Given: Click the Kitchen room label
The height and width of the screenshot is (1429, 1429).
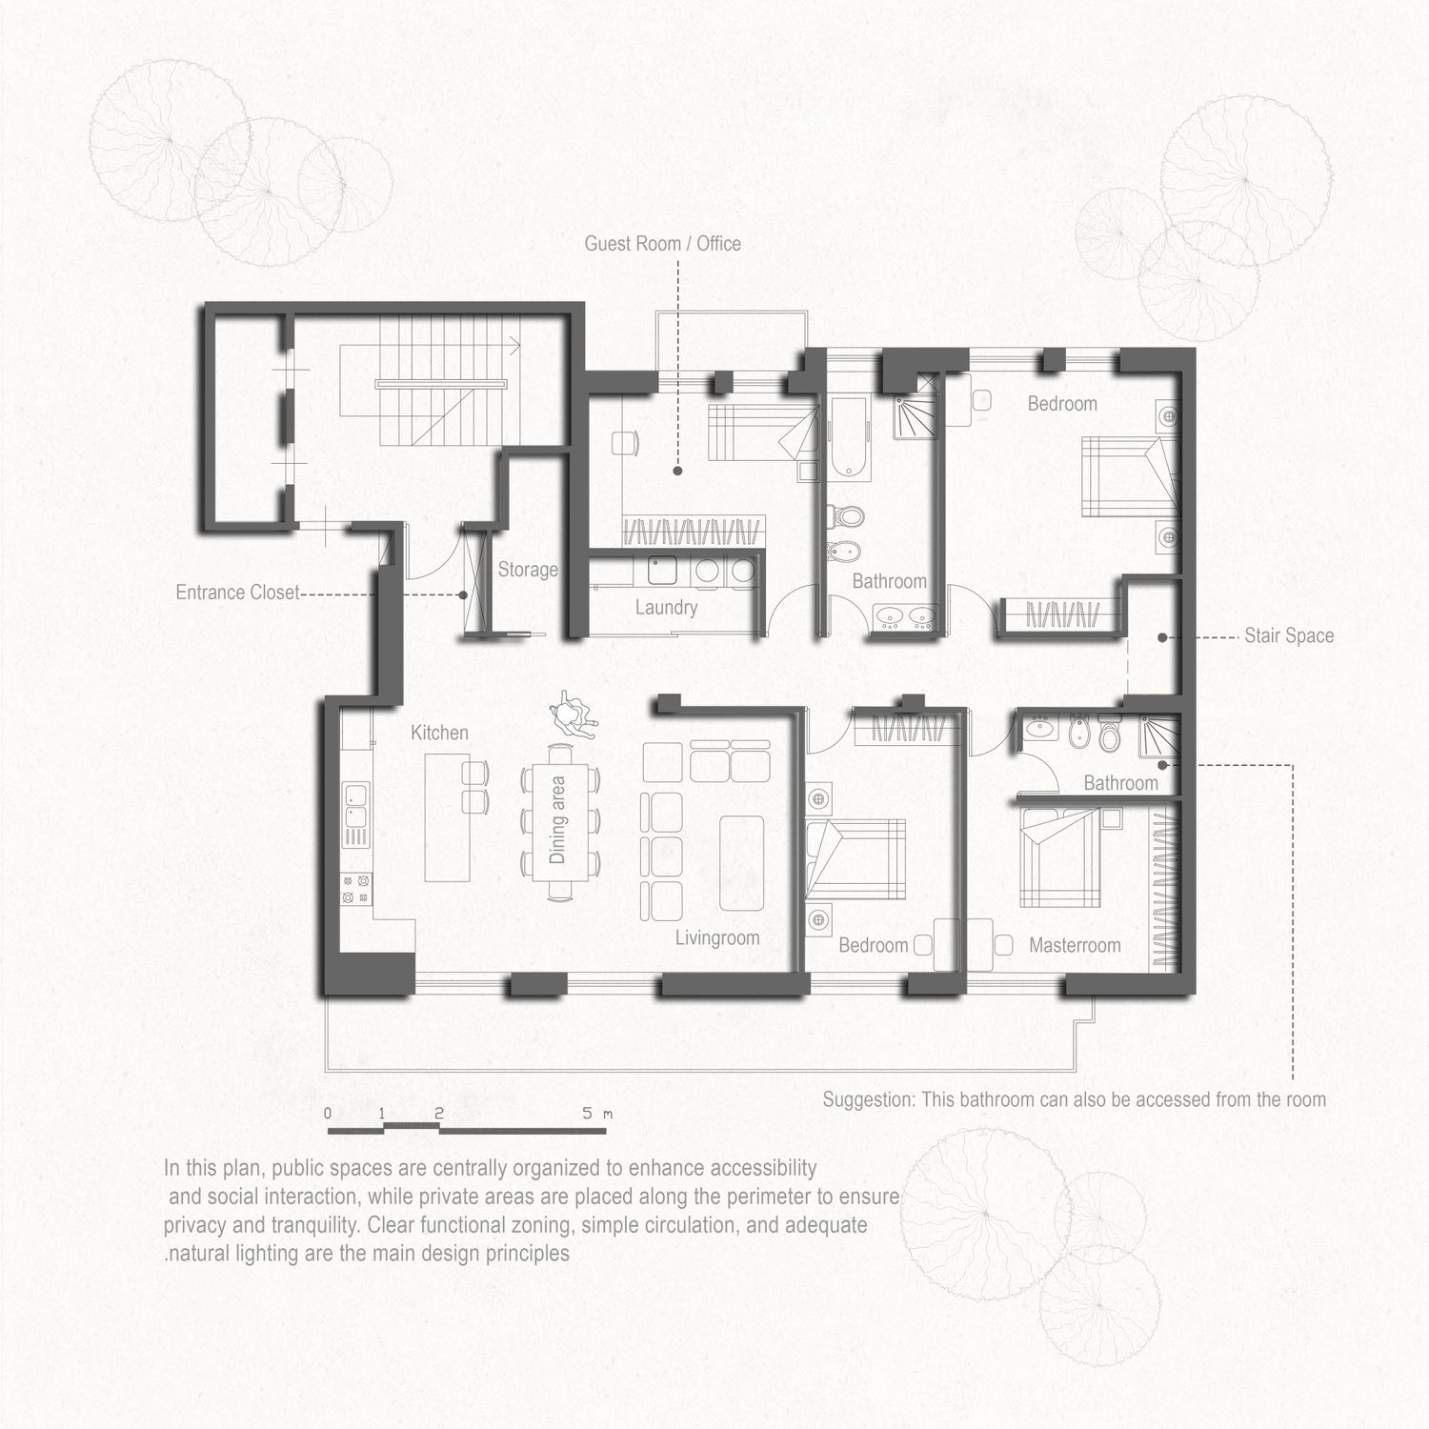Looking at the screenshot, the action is click(439, 733).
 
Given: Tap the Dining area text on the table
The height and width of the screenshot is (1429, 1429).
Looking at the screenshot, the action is click(557, 819).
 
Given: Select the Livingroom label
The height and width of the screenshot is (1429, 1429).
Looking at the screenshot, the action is click(717, 937).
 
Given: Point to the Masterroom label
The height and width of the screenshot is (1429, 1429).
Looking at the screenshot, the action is click(1075, 945).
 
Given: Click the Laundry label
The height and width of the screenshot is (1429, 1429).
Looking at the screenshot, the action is click(666, 607).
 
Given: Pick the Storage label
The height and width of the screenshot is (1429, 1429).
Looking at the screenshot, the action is click(528, 570).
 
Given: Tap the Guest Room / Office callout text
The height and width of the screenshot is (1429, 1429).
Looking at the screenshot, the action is click(662, 243).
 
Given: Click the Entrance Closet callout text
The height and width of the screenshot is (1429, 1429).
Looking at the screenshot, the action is click(237, 593).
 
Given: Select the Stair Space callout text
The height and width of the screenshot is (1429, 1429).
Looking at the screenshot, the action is click(1289, 635).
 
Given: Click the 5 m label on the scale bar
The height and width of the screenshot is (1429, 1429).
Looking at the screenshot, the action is click(596, 1113).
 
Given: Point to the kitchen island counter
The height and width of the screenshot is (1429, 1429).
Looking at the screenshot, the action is click(448, 817).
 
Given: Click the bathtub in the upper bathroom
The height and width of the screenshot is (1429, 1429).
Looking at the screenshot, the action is click(847, 438).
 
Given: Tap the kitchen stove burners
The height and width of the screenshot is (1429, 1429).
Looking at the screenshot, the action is click(356, 890).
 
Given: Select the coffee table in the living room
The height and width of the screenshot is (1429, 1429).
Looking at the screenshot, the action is click(742, 863).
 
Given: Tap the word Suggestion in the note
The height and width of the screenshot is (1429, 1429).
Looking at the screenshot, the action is click(868, 1099).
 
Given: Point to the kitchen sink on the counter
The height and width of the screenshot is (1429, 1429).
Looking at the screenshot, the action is click(356, 804).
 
